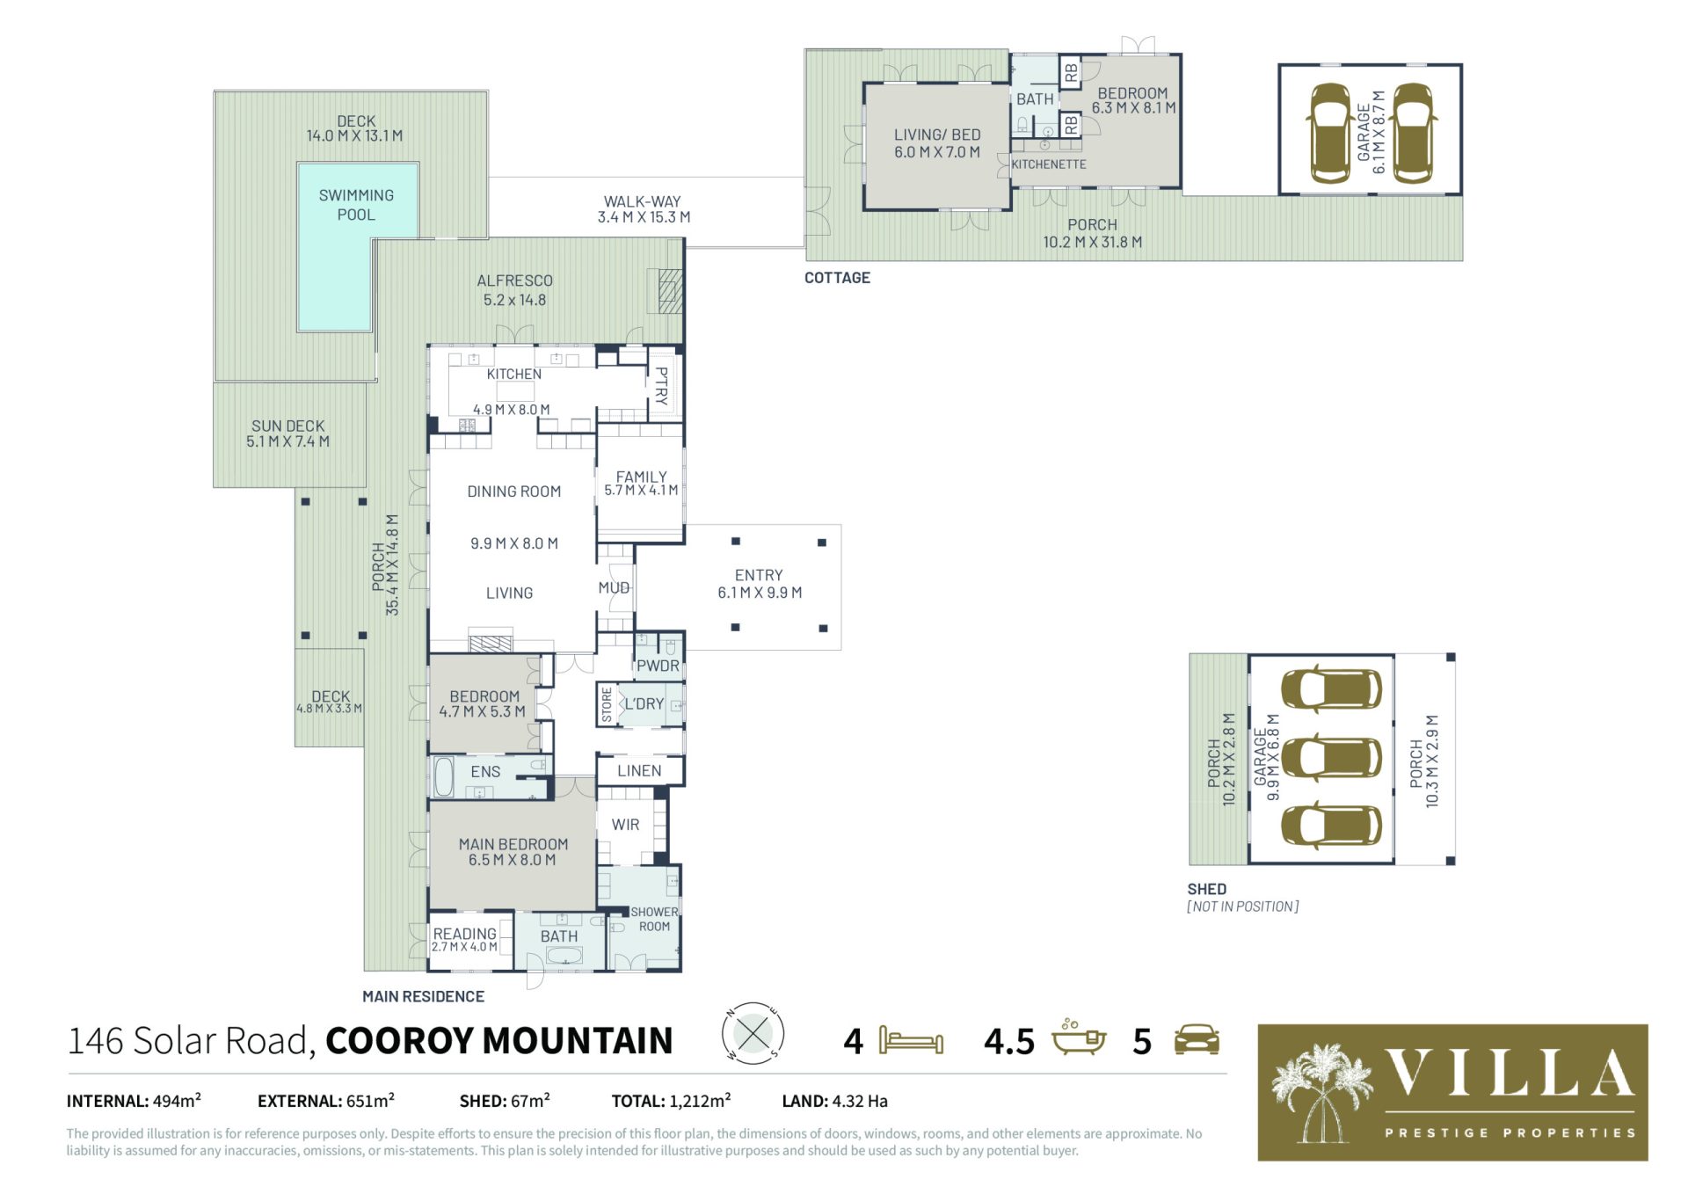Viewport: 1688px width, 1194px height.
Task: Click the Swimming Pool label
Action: point(356,205)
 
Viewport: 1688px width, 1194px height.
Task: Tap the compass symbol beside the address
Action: point(753,1033)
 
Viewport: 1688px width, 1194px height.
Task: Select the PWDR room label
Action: point(658,666)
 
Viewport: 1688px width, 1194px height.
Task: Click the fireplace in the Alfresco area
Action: point(669,291)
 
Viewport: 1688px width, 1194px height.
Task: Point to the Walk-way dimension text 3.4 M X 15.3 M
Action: point(644,217)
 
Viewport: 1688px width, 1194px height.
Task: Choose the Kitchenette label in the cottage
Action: point(1049,164)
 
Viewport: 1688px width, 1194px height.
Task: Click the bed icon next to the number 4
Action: point(911,1041)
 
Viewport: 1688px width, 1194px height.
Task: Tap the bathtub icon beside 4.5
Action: point(1079,1038)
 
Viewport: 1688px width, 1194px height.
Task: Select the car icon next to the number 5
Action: point(1197,1039)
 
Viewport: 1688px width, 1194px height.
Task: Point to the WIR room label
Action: point(625,825)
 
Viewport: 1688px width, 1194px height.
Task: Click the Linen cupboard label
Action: point(639,771)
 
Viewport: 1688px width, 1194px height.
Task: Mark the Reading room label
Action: point(465,933)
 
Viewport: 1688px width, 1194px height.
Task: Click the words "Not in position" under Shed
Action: point(1242,906)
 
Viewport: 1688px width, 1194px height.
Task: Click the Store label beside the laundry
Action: point(607,705)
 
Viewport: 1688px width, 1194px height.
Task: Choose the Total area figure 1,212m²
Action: point(700,1100)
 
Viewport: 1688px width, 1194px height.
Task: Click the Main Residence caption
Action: point(424,996)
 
